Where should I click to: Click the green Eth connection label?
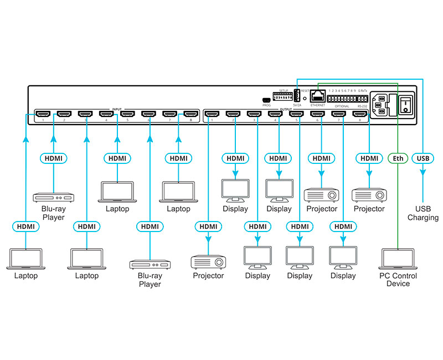(x=398, y=158)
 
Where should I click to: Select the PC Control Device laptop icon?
(x=398, y=259)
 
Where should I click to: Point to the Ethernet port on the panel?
(x=318, y=96)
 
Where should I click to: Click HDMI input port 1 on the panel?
(x=43, y=115)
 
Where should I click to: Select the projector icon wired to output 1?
(x=208, y=261)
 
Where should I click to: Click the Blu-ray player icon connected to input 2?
(x=53, y=197)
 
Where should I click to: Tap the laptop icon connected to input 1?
(x=25, y=259)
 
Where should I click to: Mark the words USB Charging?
(x=423, y=213)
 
